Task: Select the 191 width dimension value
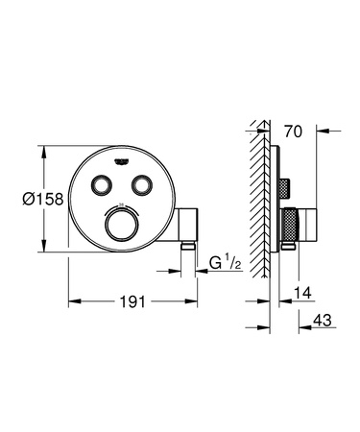(133, 301)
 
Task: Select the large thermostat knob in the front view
(123, 228)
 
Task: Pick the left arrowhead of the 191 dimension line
(71, 301)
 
